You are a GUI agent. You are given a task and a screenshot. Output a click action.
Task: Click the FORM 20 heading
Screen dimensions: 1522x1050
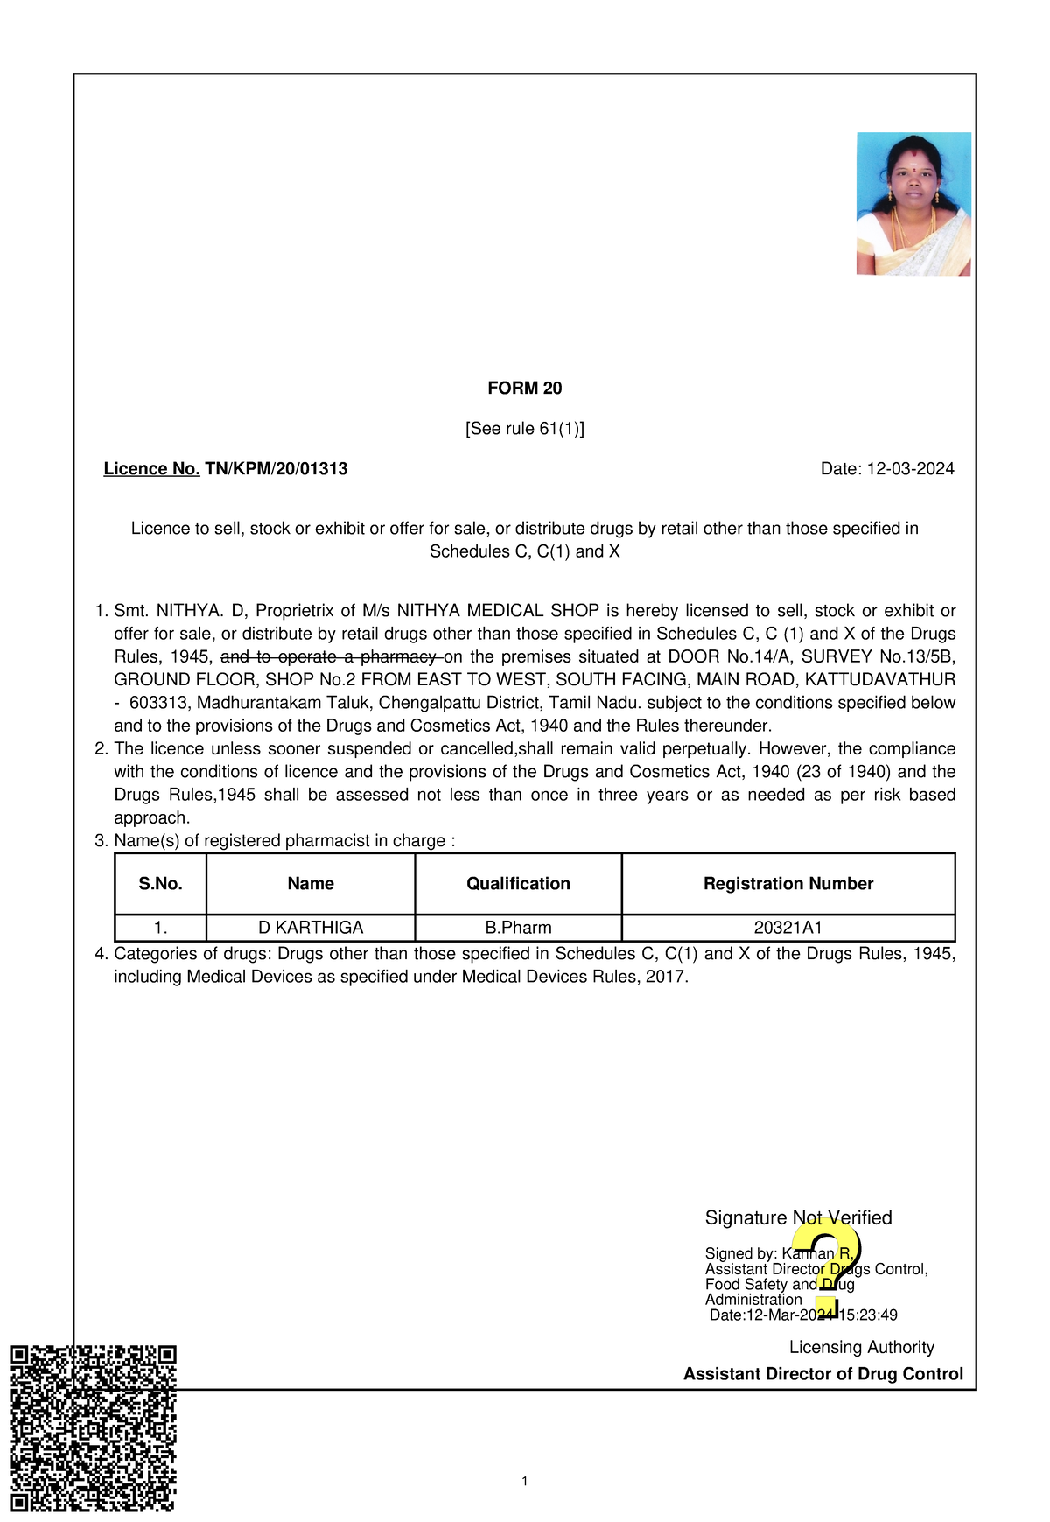524,389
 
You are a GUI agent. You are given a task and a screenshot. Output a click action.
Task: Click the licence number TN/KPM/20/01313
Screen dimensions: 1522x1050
276,469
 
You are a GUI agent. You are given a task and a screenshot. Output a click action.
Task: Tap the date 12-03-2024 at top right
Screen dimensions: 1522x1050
910,469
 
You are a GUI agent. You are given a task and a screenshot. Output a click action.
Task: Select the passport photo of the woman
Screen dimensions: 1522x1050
913,204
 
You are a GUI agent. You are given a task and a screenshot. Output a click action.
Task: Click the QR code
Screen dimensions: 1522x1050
93,1428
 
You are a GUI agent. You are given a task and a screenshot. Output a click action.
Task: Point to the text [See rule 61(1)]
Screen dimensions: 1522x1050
524,429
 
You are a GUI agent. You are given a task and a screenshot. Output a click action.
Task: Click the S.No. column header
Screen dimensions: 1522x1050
160,884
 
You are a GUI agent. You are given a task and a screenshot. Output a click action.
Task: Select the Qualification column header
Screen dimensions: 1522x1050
518,884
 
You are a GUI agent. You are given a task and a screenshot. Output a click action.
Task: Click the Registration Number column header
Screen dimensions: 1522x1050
787,884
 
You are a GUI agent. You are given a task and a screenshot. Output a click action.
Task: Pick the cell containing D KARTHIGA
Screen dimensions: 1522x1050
311,928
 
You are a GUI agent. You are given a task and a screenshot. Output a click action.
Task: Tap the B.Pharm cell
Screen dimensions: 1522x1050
518,928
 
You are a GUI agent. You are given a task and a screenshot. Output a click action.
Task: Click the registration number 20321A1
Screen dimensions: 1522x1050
787,928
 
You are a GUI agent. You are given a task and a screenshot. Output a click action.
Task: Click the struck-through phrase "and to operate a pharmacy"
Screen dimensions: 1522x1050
331,657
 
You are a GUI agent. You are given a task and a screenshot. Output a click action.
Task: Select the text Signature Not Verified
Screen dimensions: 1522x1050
798,1218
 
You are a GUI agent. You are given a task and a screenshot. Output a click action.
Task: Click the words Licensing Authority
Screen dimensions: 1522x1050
861,1348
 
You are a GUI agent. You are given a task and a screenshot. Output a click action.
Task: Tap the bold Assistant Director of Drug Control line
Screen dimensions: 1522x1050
822,1374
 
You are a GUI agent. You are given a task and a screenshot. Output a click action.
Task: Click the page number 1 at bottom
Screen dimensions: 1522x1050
524,1482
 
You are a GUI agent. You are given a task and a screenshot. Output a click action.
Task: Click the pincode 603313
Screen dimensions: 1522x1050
158,703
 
